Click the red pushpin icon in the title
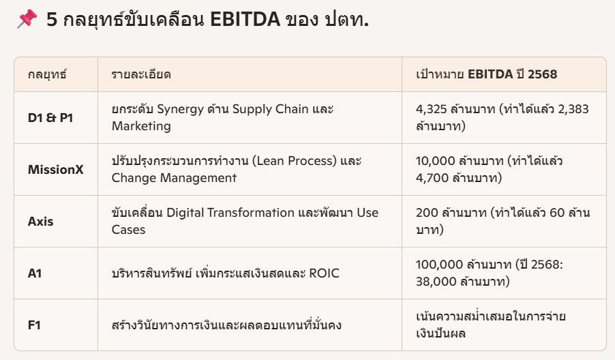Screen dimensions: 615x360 (x=27, y=19)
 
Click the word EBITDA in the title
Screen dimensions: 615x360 (x=245, y=20)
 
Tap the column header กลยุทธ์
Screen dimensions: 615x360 (x=47, y=74)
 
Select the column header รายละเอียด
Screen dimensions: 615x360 (x=141, y=74)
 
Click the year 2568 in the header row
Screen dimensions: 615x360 (x=542, y=74)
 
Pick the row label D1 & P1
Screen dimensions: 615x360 (x=50, y=118)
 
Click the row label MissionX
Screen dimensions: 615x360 (x=56, y=169)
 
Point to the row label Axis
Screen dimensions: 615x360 (x=40, y=221)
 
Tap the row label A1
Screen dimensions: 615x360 (x=35, y=273)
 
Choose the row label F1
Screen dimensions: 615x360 (x=34, y=325)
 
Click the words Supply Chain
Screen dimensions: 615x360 (x=270, y=109)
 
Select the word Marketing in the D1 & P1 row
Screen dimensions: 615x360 (x=141, y=126)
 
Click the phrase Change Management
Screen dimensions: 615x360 (x=174, y=178)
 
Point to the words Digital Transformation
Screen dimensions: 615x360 (x=230, y=213)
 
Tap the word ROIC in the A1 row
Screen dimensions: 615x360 (x=324, y=273)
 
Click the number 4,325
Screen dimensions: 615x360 (x=431, y=109)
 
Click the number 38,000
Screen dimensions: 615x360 (x=431, y=282)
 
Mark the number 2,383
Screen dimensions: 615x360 (x=573, y=109)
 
